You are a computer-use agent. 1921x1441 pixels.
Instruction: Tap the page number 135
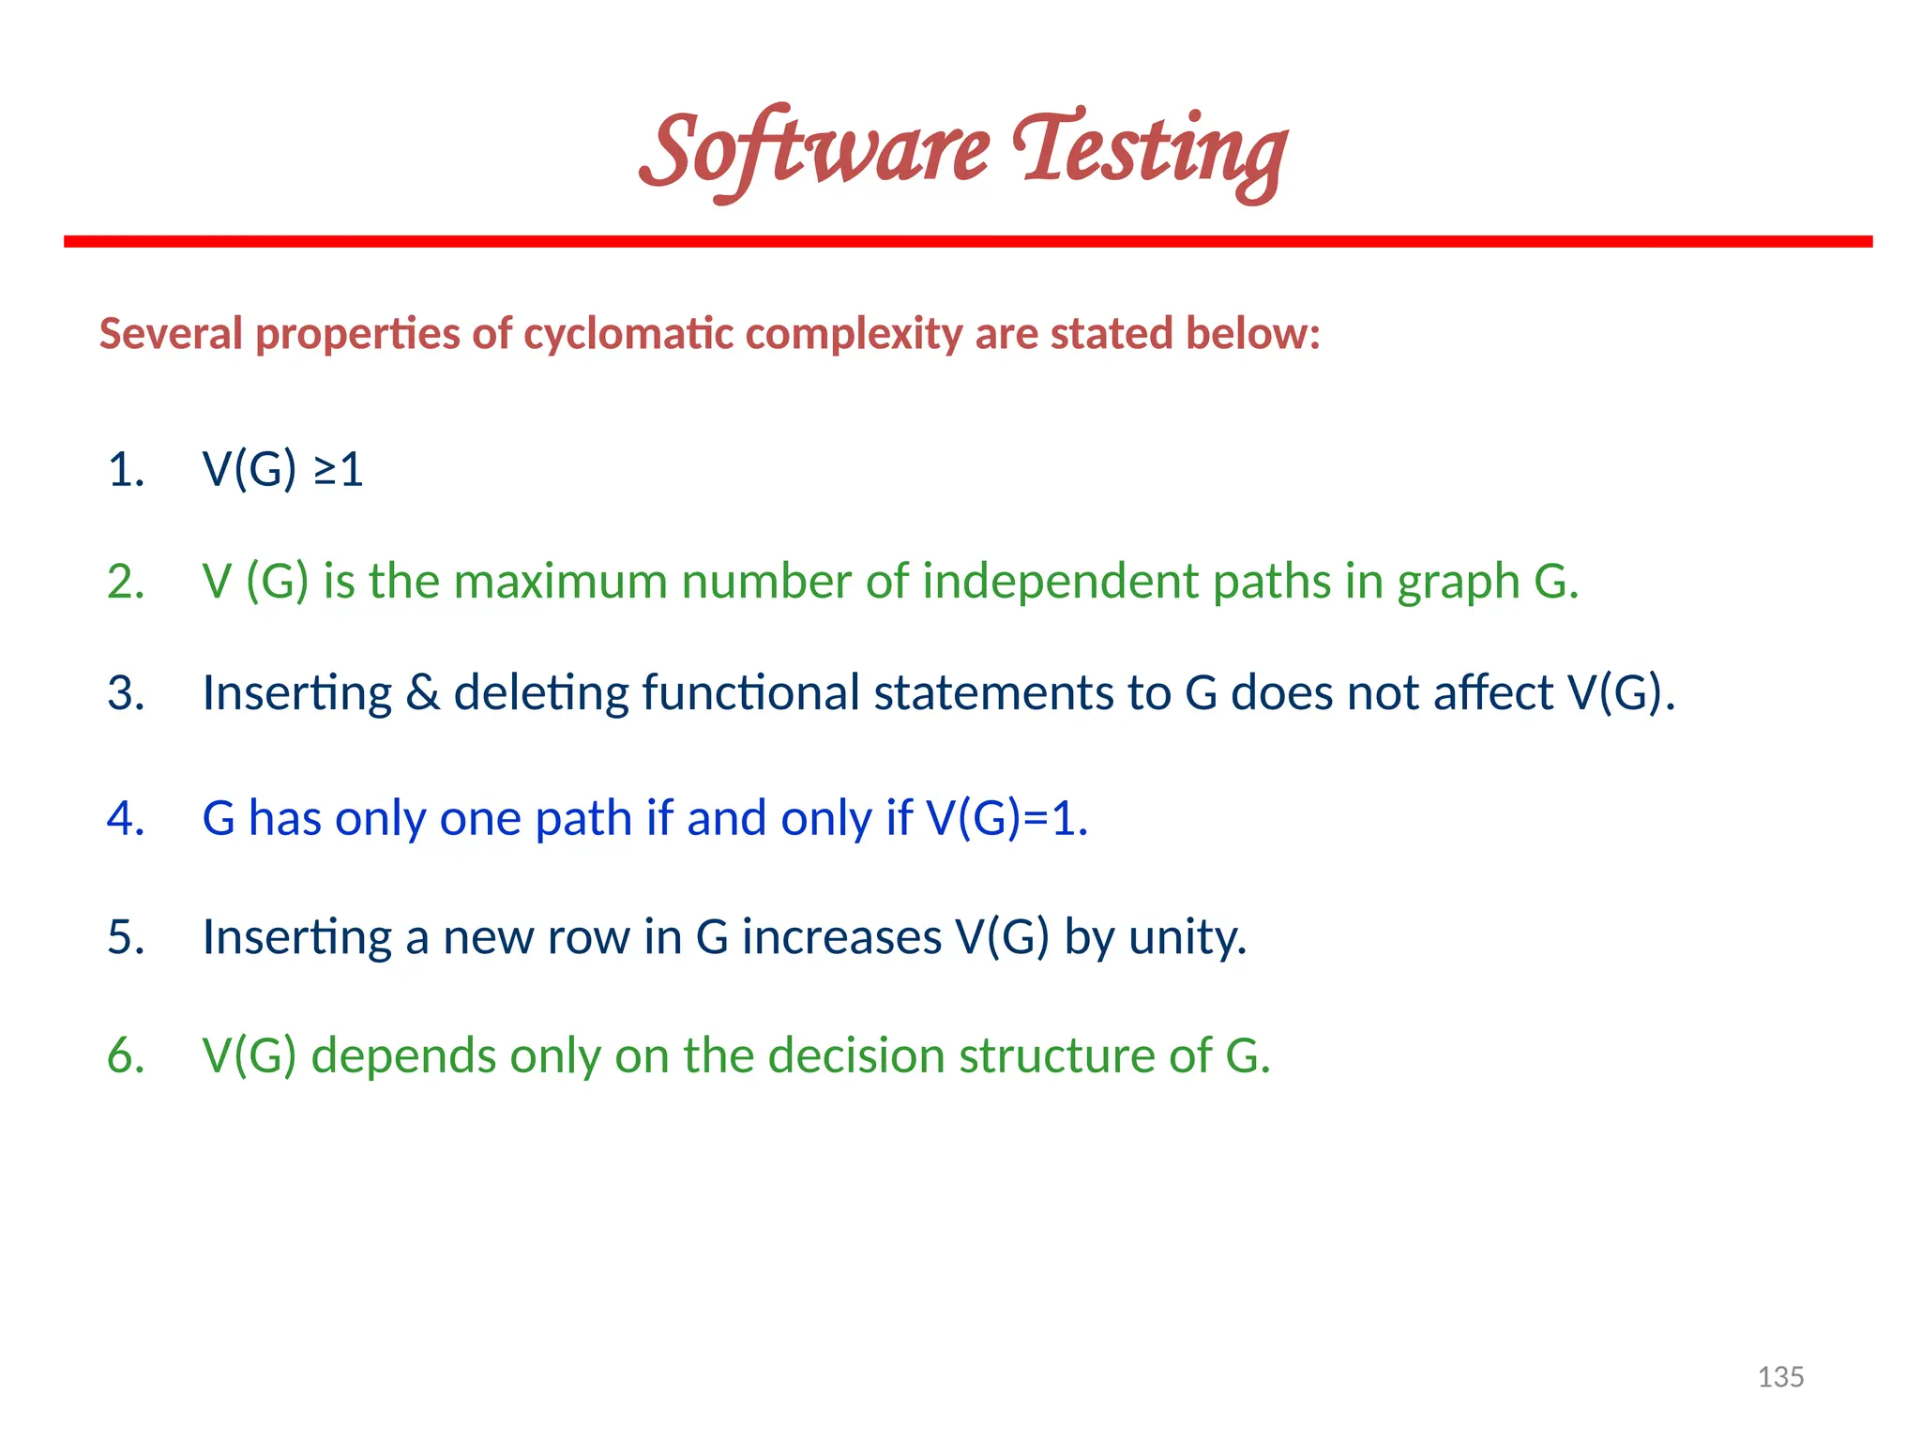[1780, 1376]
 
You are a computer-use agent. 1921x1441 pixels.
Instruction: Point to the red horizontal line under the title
[968, 242]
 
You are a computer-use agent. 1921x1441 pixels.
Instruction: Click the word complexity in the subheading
[854, 334]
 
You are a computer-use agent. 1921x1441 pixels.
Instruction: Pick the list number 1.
[126, 469]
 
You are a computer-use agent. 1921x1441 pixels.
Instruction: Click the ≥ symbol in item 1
[325, 471]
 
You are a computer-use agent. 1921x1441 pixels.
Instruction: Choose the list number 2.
[126, 582]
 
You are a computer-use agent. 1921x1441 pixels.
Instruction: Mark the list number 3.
[126, 693]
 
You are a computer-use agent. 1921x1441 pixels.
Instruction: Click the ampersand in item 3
[423, 693]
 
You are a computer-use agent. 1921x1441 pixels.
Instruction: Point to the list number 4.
[126, 818]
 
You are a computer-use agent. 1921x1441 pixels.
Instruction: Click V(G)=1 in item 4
[1006, 818]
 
